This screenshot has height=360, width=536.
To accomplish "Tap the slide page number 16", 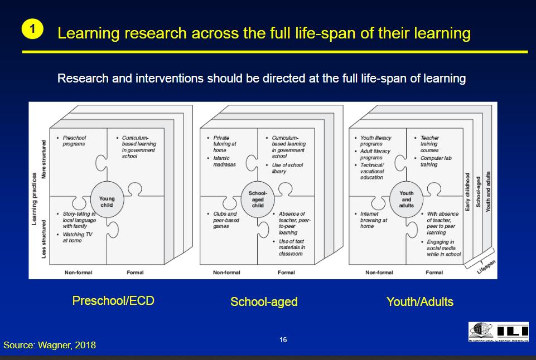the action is coord(283,340).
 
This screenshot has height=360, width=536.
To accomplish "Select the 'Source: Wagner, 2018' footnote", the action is coord(50,345).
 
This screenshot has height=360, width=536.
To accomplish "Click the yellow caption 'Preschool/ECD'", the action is coord(113,301).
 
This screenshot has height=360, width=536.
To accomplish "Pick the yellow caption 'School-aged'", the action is coord(264,302).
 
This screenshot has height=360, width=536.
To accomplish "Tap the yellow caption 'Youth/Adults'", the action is coord(419,302).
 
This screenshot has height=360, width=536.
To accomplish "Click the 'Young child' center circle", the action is coord(107,201).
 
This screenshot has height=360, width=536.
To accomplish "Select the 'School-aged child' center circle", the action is coord(257,200).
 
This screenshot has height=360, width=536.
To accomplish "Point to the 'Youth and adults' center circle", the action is coord(407,200).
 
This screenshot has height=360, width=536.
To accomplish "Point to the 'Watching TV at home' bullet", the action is coord(76,237).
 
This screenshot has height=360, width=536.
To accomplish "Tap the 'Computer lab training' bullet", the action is coord(436,161).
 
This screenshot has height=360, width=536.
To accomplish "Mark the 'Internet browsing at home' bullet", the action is coord(373,220).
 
